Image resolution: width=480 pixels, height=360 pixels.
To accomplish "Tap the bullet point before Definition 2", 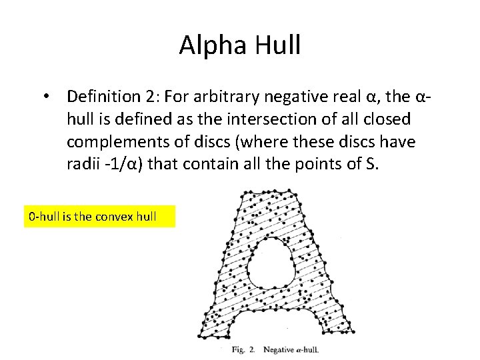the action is [45, 97].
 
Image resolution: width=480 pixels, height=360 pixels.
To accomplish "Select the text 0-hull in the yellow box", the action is [42, 217].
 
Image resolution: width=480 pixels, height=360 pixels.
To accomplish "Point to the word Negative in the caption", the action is [280, 349].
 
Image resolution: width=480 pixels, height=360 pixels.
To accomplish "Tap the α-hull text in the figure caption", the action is [309, 349].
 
